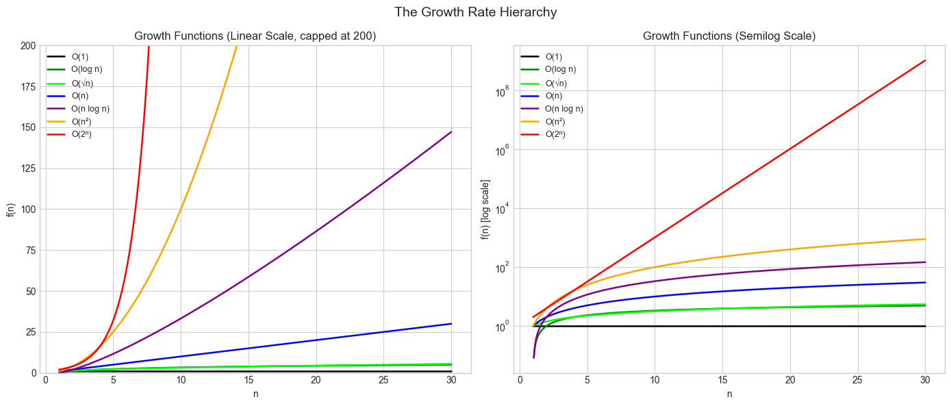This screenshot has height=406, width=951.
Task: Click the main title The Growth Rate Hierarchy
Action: [x=475, y=12]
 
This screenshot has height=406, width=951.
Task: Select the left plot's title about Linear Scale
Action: [x=255, y=36]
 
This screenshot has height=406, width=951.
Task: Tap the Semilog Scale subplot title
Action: [x=729, y=36]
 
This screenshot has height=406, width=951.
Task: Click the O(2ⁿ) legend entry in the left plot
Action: [x=81, y=134]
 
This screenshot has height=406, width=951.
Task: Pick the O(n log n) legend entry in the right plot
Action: [x=564, y=108]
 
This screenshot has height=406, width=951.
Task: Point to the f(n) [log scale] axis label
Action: [x=485, y=209]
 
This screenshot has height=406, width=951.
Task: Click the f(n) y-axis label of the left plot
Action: [x=10, y=209]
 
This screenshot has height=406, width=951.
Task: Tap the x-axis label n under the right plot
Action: [x=729, y=394]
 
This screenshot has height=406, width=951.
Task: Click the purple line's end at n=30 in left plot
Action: [x=452, y=131]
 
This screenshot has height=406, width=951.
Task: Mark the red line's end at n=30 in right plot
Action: [x=925, y=60]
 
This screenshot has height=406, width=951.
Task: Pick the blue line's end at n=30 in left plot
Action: [x=452, y=323]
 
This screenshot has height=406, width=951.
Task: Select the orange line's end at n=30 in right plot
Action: [x=925, y=239]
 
